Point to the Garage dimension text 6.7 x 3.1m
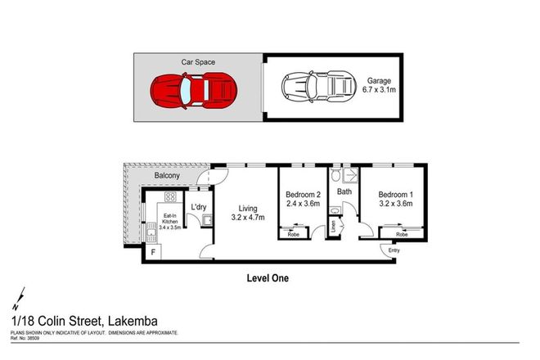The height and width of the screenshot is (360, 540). [x=380, y=92]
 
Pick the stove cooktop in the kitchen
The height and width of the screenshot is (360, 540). [x=171, y=196]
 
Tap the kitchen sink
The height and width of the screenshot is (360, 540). [x=152, y=236]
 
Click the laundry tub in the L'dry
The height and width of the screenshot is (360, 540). [x=209, y=219]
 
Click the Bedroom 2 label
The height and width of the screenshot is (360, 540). [x=302, y=195]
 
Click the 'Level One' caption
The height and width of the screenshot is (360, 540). [x=268, y=277]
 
